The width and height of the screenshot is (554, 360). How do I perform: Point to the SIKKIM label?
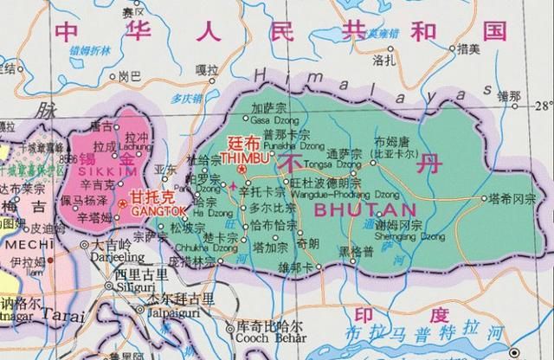[94, 172]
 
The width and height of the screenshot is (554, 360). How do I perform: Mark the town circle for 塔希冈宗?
[481, 198]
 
